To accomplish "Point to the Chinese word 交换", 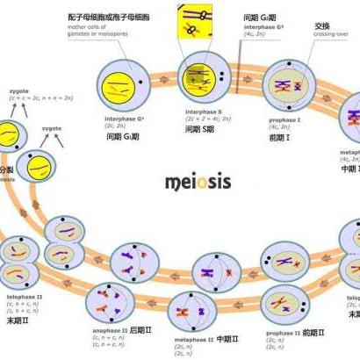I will coord(322,26).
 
